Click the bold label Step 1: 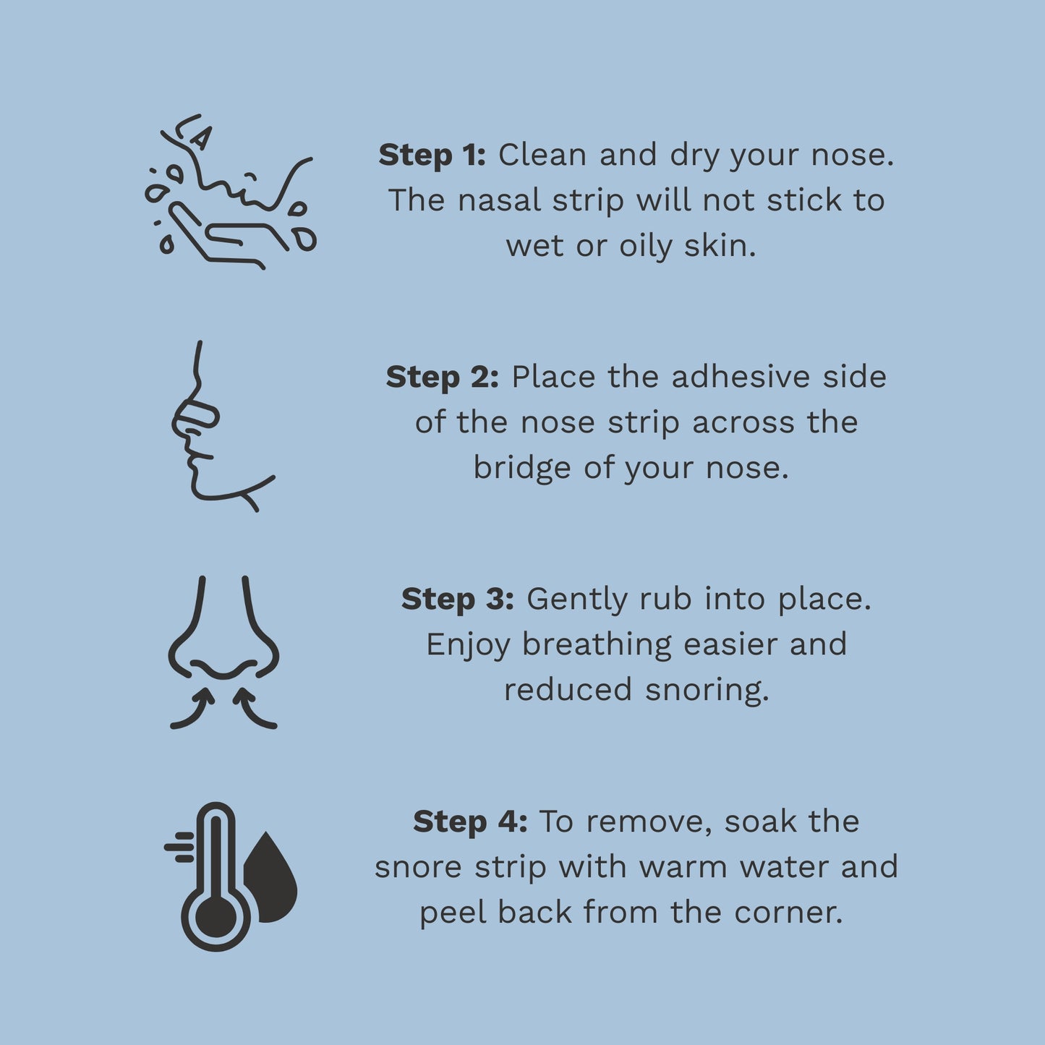(x=432, y=155)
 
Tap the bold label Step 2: (x=442, y=377)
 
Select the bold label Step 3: (x=457, y=600)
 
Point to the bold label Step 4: (x=469, y=822)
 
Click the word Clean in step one (x=542, y=155)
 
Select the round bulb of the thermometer (x=216, y=917)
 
